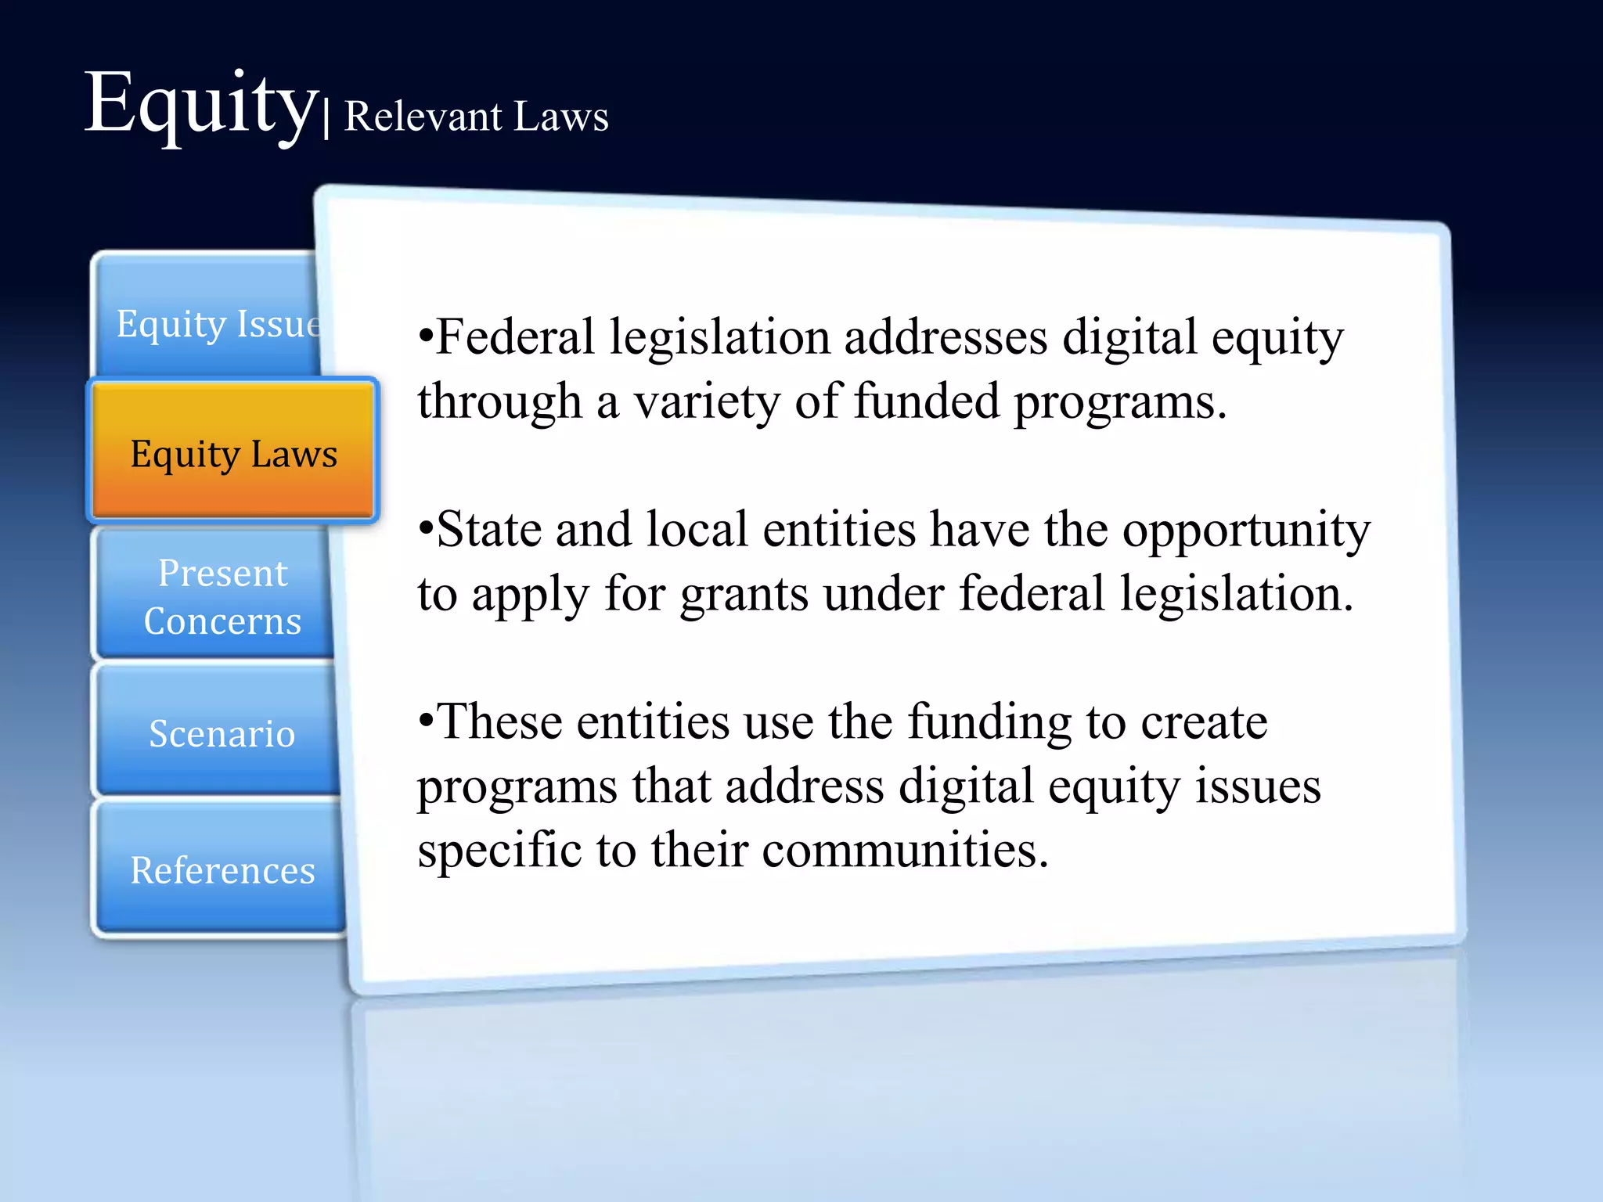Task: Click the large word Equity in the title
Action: pyautogui.click(x=200, y=106)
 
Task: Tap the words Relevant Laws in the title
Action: pyautogui.click(x=476, y=117)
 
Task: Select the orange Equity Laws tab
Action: pyautogui.click(x=233, y=453)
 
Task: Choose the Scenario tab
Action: pyautogui.click(x=222, y=733)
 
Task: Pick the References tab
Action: pyautogui.click(x=222, y=870)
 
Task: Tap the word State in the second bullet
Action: pyautogui.click(x=489, y=530)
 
